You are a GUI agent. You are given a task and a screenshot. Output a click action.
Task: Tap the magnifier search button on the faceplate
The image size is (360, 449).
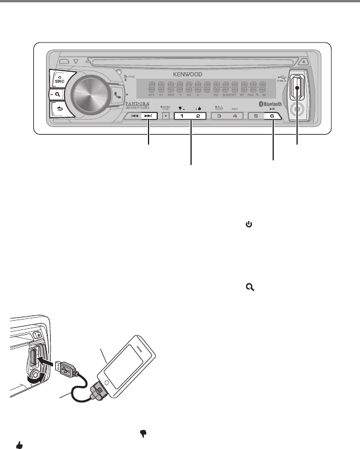58,94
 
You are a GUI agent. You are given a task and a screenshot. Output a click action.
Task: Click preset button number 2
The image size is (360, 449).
198,116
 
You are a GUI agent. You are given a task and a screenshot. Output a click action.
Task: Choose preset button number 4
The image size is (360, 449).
235,116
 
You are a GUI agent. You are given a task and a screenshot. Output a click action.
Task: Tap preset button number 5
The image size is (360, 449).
256,116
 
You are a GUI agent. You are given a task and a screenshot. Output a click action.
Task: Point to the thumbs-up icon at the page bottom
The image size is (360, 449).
19,445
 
